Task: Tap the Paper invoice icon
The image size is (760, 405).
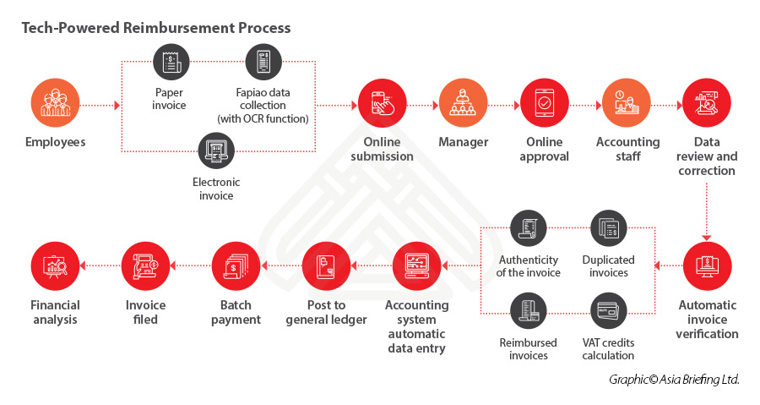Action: [x=171, y=63]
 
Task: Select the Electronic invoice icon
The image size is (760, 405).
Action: [x=216, y=151]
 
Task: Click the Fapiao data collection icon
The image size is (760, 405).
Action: [x=263, y=63]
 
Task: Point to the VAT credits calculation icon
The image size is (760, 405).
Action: [x=608, y=310]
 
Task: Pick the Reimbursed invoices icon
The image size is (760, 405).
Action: [x=528, y=310]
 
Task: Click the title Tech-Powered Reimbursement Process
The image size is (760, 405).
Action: [x=156, y=28]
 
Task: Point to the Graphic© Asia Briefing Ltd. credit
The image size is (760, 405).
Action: [x=673, y=380]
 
